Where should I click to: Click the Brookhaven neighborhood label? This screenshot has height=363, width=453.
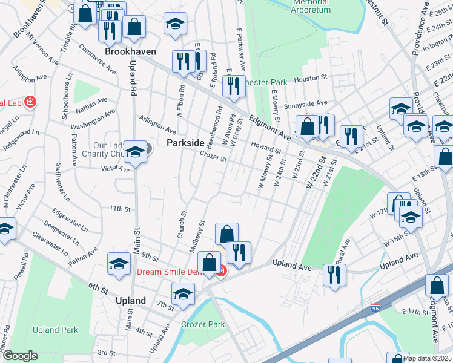click(130, 52)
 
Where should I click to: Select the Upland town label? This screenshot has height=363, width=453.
click(130, 301)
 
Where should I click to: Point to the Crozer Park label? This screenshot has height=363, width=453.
click(203, 324)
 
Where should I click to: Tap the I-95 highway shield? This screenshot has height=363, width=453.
click(375, 309)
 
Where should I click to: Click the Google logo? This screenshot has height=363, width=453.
click(19, 356)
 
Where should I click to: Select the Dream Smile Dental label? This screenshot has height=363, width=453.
click(174, 272)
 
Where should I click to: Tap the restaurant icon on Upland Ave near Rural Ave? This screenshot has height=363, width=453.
click(334, 275)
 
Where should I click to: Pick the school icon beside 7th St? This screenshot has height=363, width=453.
click(182, 294)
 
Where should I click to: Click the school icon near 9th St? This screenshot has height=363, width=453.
click(119, 264)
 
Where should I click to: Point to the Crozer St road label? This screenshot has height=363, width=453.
click(213, 159)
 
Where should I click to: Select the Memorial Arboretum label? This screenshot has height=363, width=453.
click(311, 6)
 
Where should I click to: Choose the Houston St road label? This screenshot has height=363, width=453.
click(311, 78)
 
